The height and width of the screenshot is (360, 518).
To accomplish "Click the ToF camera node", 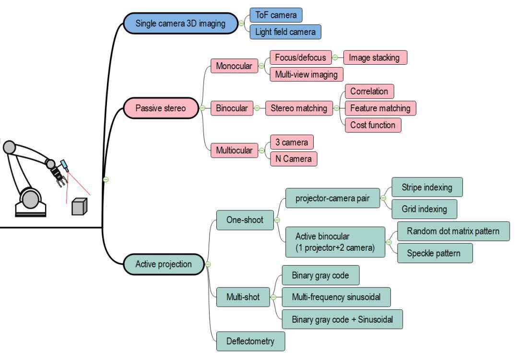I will click(276, 15).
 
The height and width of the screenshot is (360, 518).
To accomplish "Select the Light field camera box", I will click(285, 32).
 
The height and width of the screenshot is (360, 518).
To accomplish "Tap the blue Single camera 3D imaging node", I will click(180, 23).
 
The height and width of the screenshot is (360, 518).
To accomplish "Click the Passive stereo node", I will click(161, 108).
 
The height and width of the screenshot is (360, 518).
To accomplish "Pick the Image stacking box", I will click(374, 58).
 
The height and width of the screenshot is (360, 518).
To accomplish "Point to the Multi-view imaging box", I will click(306, 74).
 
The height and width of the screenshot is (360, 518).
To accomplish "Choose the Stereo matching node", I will click(298, 108).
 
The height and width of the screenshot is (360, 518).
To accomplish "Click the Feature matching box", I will click(380, 108).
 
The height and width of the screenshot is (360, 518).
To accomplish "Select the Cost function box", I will click(373, 125).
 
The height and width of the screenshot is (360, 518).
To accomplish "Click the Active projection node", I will click(164, 264).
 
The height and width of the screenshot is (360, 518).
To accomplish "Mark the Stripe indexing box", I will click(427, 187).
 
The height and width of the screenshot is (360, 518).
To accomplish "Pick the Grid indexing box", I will click(424, 209).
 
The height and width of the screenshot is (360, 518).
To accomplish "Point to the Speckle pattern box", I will click(435, 253).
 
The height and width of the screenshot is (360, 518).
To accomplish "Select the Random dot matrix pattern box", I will click(453, 232).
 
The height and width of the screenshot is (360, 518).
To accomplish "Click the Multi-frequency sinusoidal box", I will click(336, 297).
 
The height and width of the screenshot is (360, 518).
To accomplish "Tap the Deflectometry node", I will click(250, 341).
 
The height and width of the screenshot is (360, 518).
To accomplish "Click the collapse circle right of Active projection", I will click(208, 264).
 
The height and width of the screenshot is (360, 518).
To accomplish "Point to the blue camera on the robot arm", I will click(64, 166).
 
